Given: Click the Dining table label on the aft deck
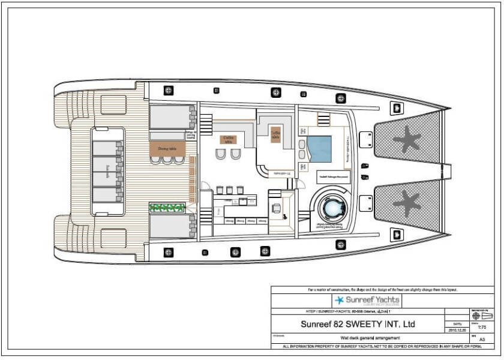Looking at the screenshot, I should [167, 147].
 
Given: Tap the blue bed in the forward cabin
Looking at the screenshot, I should [319, 149].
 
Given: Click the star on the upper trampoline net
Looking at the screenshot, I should [408, 139].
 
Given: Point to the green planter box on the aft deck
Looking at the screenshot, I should [167, 208].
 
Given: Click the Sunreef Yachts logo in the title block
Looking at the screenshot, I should [367, 300].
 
